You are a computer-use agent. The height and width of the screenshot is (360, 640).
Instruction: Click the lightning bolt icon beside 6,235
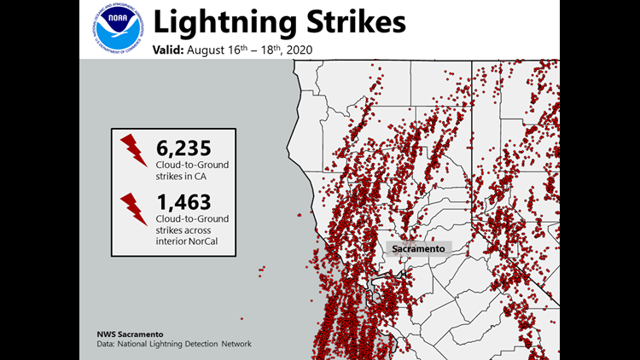tap(134, 149)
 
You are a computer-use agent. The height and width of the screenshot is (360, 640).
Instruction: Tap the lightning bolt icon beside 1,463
tap(134, 207)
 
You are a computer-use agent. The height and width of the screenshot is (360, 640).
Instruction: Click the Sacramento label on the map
tap(417, 248)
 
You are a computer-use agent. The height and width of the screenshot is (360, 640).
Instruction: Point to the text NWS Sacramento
tap(129, 334)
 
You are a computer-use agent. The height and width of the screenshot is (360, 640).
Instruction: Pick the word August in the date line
tap(212, 50)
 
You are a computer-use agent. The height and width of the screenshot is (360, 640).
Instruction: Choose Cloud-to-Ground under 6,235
tap(192, 164)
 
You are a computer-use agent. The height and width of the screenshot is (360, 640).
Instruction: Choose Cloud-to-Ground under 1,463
tap(192, 220)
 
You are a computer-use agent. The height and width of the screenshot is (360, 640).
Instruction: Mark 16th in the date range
tap(243, 49)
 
